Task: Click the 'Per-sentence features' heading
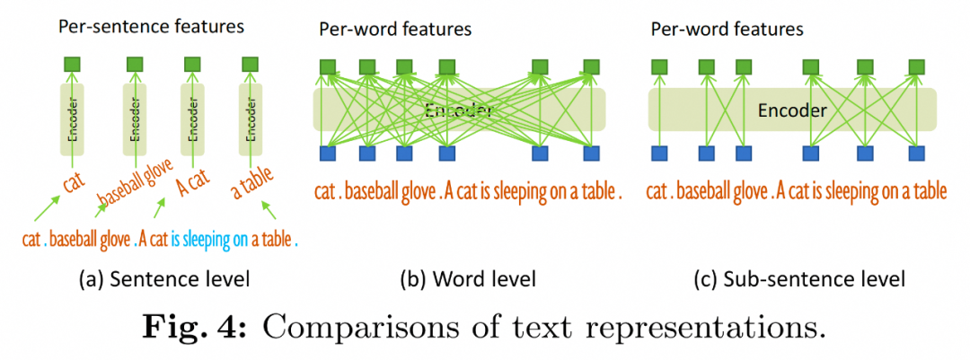[151, 26]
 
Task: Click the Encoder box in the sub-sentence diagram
[792, 110]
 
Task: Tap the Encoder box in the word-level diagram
[459, 110]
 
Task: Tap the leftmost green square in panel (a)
[75, 65]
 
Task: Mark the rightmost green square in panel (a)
[250, 65]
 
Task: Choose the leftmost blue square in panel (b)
[329, 153]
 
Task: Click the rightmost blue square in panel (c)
[916, 153]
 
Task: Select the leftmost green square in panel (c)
[660, 66]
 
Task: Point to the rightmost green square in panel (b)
[591, 66]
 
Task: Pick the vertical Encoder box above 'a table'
[250, 112]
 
